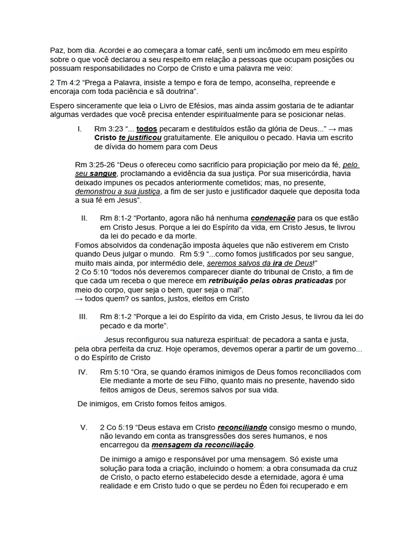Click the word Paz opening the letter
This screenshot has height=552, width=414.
[x=57, y=50]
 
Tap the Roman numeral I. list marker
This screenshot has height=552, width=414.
[x=80, y=129]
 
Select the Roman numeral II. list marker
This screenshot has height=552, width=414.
[x=84, y=218]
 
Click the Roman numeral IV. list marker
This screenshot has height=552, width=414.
[x=83, y=372]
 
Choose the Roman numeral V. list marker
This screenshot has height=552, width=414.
[x=84, y=427]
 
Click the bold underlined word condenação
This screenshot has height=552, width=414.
[x=273, y=218]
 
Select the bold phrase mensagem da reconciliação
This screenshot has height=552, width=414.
[x=203, y=445]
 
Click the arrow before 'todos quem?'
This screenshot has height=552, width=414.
[x=79, y=298]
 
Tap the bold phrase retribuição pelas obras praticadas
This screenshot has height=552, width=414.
[x=271, y=281]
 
